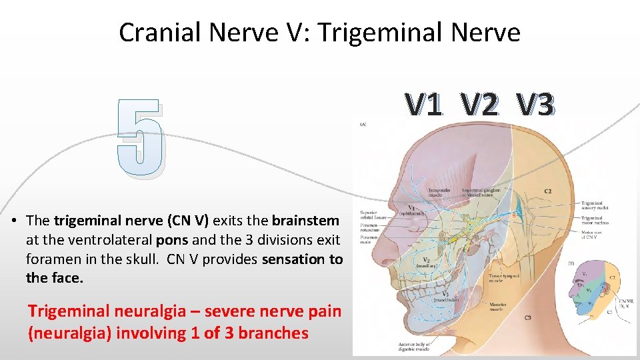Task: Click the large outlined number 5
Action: coord(139,139)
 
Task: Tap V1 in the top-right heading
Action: coord(424,104)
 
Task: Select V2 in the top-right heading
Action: coord(479,104)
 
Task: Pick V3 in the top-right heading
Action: coord(535,104)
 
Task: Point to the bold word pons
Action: coord(173,239)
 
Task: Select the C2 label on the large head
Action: coord(547,191)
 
